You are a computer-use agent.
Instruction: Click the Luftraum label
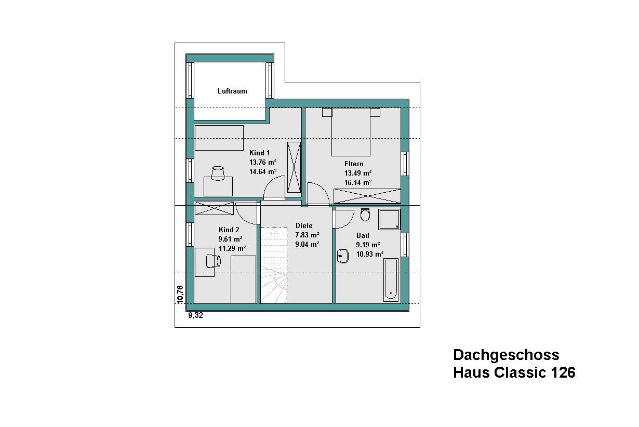232,91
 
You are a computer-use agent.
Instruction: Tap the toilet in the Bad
365,215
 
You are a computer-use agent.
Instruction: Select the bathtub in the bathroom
391,280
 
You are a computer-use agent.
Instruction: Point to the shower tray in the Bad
390,219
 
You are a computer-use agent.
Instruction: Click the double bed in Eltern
351,132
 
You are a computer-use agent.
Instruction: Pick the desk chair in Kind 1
218,174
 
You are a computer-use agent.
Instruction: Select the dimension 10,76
180,295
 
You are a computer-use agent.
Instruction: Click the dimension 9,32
195,315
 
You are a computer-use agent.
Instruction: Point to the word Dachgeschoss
506,355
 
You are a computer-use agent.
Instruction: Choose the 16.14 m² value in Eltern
358,182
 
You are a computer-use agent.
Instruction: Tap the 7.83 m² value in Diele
307,235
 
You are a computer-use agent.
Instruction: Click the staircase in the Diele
274,265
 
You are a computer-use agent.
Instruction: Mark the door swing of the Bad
344,218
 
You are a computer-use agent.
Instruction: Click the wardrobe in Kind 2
214,208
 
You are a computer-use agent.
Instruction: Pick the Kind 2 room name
229,230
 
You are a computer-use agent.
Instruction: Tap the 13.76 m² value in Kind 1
263,162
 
